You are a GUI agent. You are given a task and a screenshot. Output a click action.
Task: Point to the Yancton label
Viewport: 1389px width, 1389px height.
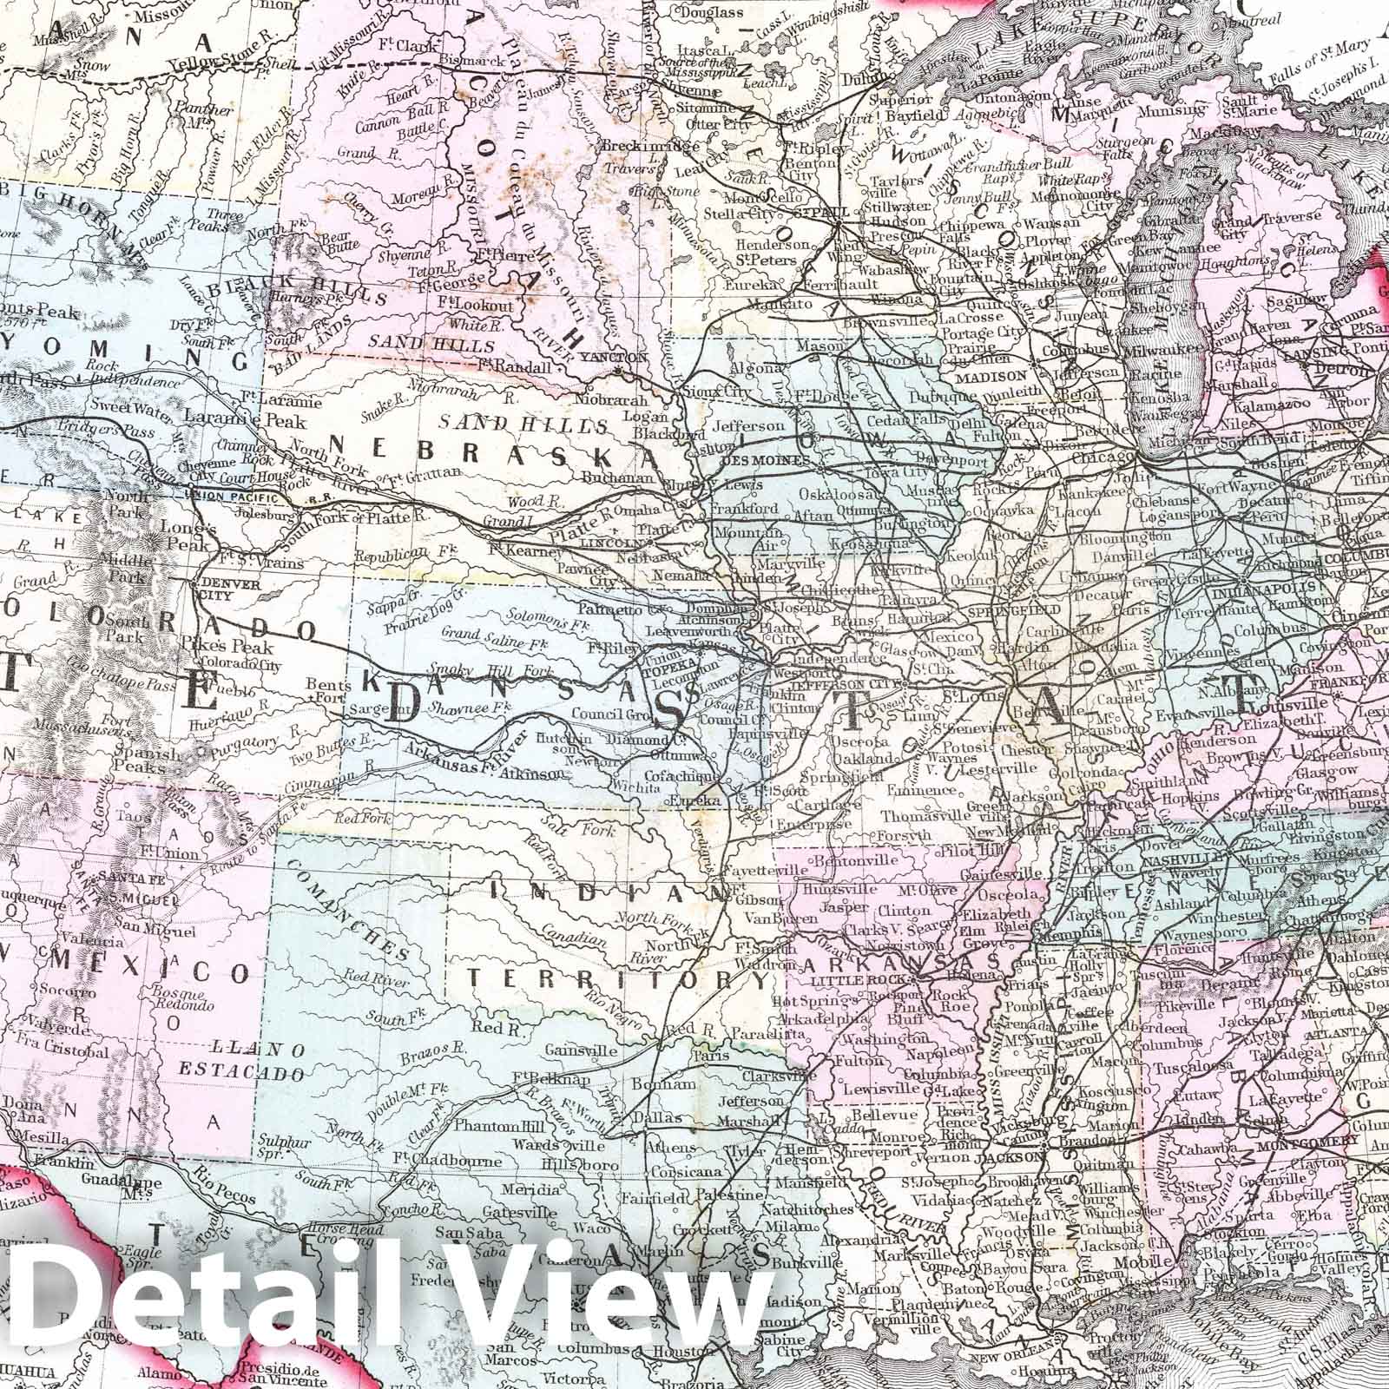tap(616, 358)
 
